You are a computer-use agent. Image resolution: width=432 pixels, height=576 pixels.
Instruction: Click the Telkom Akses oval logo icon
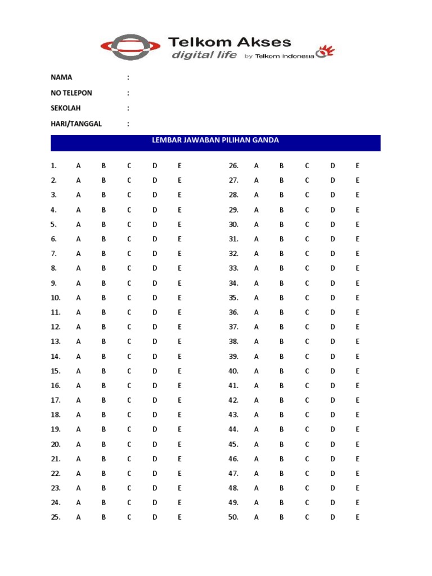click(x=129, y=47)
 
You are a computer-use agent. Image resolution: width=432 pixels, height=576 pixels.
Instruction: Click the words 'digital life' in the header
click(x=200, y=55)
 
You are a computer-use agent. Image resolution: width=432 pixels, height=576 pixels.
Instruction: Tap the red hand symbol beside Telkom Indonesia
click(x=325, y=52)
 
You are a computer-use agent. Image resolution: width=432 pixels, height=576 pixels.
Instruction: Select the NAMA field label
click(x=61, y=77)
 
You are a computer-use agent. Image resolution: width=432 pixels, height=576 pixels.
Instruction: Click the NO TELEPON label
click(x=71, y=93)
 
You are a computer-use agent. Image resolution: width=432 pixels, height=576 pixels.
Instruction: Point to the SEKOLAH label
click(x=66, y=108)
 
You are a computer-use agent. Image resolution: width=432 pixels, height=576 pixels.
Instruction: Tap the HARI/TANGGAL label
click(x=76, y=124)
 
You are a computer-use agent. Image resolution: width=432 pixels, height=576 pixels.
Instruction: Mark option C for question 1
click(x=129, y=166)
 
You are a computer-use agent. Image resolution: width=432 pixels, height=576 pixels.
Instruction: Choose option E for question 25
click(x=179, y=517)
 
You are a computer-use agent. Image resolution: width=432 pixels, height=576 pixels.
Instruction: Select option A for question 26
click(x=256, y=166)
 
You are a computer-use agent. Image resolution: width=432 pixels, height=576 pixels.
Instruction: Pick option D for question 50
click(x=332, y=517)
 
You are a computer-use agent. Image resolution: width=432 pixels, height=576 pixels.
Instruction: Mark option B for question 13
click(x=103, y=341)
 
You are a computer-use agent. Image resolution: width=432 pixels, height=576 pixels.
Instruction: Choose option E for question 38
click(x=357, y=341)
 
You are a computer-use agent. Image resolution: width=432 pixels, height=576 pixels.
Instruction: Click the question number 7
click(x=53, y=254)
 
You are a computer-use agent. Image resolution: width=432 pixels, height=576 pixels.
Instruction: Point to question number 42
click(x=233, y=400)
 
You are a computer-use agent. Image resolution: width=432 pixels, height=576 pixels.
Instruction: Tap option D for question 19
click(x=155, y=429)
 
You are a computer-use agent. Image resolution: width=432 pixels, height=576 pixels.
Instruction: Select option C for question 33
click(x=307, y=268)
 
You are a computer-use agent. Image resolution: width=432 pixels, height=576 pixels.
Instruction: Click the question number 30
click(x=233, y=224)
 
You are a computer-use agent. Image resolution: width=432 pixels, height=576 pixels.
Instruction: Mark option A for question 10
click(x=79, y=298)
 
